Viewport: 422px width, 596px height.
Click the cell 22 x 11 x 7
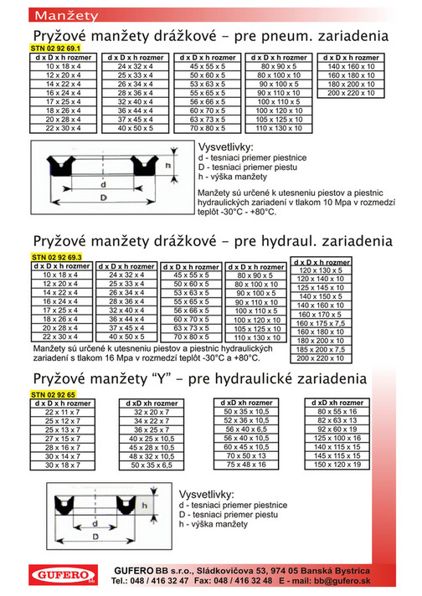coord(62,413)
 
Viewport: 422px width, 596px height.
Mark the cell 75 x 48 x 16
coord(246,464)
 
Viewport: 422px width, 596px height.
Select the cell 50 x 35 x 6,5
coord(152,464)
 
